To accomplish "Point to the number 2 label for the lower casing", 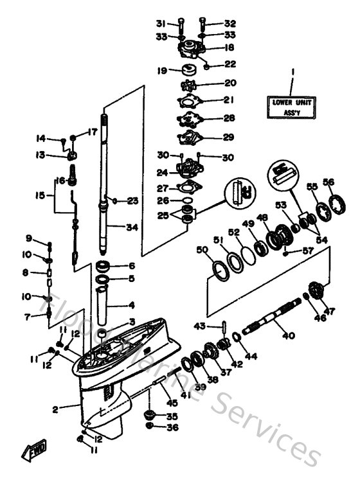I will (56, 409).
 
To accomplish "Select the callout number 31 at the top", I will (161, 24).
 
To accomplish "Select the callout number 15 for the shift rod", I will (40, 195).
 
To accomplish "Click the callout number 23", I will (132, 201).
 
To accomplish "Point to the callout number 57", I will (308, 250).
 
